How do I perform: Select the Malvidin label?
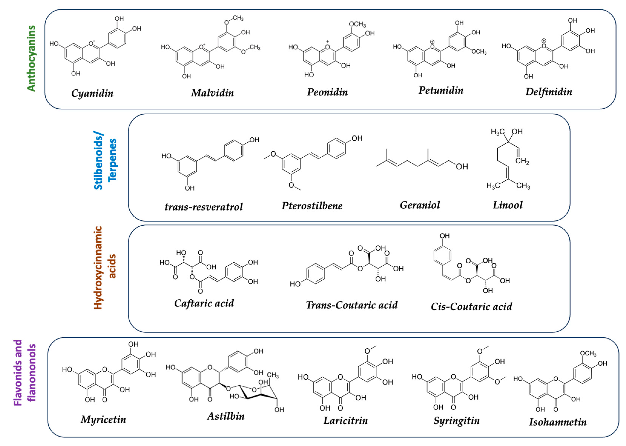pyautogui.click(x=213, y=93)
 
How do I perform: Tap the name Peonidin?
pyautogui.click(x=327, y=92)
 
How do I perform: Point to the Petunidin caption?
pyautogui.click(x=441, y=90)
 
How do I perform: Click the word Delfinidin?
pyautogui.click(x=549, y=92)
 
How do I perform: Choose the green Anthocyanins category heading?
pyautogui.click(x=31, y=58)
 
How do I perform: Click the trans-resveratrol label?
pyautogui.click(x=204, y=207)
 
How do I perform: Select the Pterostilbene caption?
pyautogui.click(x=312, y=206)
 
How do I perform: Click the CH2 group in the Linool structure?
pyautogui.click(x=522, y=161)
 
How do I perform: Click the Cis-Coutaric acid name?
pyautogui.click(x=471, y=306)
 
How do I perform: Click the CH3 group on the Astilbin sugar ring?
pyautogui.click(x=273, y=375)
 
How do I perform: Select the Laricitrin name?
pyautogui.click(x=345, y=421)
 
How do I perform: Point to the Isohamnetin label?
pyautogui.click(x=558, y=422)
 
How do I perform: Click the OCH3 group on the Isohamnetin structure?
pyautogui.click(x=588, y=353)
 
